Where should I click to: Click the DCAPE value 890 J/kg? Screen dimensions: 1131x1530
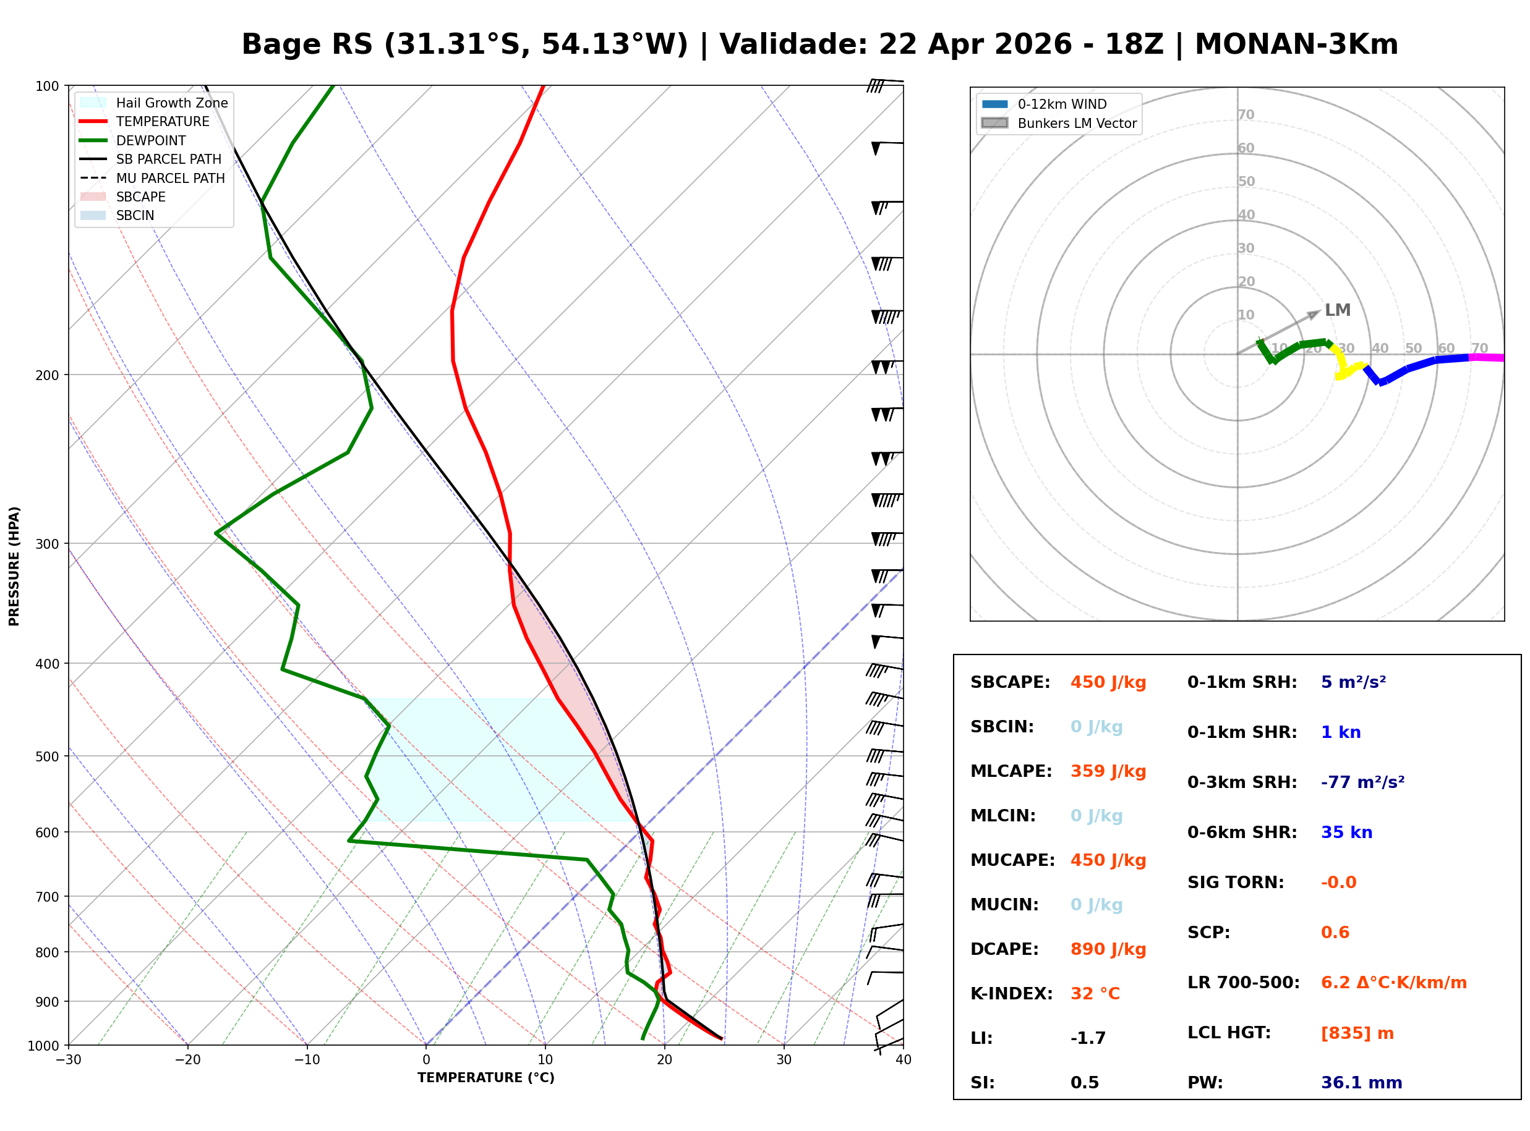(x=1108, y=949)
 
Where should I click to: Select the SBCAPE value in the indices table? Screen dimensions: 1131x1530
(x=1108, y=682)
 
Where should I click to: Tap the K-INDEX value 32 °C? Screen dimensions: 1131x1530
(x=1095, y=994)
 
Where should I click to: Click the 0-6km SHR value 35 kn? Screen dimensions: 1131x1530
(x=1346, y=832)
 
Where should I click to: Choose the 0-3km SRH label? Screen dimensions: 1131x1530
(x=1242, y=782)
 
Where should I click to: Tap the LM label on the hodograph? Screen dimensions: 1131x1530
(x=1337, y=310)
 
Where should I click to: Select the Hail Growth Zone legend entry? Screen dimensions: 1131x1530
(x=171, y=103)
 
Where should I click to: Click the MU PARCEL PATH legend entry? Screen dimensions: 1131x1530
(x=170, y=178)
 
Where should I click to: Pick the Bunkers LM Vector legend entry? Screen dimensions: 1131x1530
(x=1076, y=123)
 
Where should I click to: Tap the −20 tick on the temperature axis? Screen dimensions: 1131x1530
(x=187, y=1060)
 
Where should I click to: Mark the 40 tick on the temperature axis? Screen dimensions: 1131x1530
(x=903, y=1060)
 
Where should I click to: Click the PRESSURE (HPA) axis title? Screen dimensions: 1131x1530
(x=14, y=566)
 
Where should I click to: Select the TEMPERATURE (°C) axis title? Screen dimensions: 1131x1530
(x=485, y=1078)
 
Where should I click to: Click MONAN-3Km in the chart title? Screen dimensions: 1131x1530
(x=1296, y=44)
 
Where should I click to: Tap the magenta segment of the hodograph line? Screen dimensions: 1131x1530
(x=1486, y=357)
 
